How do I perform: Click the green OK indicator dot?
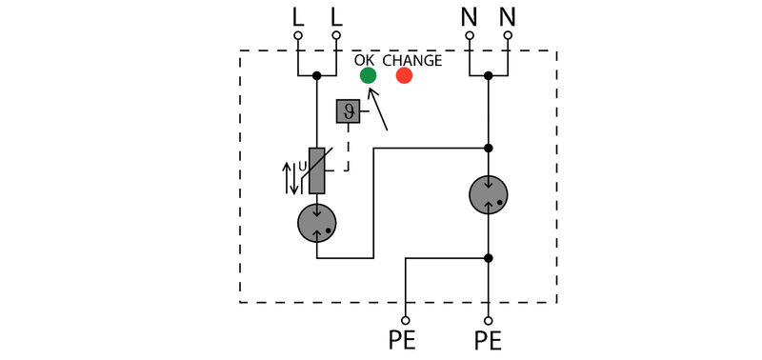(x=368, y=76)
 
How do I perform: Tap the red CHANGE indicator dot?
(x=404, y=76)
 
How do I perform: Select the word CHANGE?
(x=412, y=60)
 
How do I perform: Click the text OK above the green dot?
(x=365, y=60)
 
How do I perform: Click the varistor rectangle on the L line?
(x=317, y=170)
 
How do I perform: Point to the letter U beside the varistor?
(x=303, y=167)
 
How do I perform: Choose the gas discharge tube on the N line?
(x=489, y=194)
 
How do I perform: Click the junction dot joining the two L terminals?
(x=317, y=74)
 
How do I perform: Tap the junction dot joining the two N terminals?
(x=489, y=74)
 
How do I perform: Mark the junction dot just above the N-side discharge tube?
(x=489, y=148)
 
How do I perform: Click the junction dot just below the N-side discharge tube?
(x=489, y=257)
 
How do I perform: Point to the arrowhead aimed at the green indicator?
(x=371, y=92)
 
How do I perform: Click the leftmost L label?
(x=298, y=16)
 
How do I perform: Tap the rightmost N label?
(x=508, y=16)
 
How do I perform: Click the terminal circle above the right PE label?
(x=489, y=321)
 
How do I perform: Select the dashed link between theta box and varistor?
(x=347, y=152)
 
